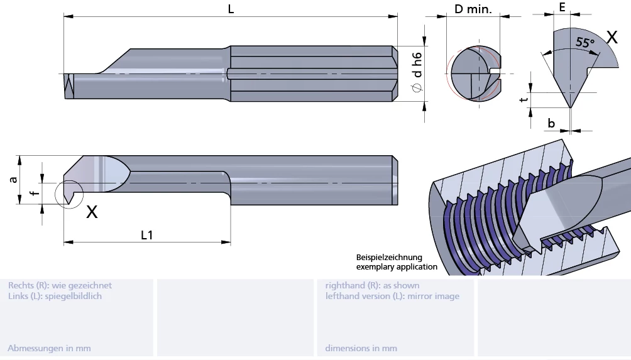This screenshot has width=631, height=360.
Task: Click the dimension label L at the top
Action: pos(231,9)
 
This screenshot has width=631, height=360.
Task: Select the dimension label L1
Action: pos(147,235)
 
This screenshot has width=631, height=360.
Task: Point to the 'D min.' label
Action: pos(473,9)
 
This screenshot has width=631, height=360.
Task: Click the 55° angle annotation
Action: pos(584,43)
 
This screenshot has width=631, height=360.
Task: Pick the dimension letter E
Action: pos(562,8)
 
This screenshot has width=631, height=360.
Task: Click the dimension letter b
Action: pos(551,123)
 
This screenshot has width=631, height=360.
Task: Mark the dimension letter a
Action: pos(13,180)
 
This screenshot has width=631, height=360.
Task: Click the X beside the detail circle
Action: pos(92,212)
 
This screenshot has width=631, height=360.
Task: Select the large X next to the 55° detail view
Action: pos(611,36)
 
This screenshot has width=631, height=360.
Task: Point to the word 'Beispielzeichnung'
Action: pos(389,258)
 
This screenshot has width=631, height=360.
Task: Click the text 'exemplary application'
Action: pos(397,267)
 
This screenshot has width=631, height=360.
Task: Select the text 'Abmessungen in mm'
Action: pos(49,348)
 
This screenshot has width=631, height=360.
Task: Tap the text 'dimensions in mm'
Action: pos(361,348)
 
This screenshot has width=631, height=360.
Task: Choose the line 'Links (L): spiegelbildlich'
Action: pos(55,296)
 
